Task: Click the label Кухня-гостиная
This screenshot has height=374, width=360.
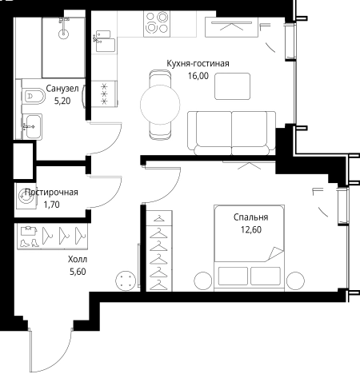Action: tap(198, 64)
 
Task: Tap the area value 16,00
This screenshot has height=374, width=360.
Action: tap(198, 76)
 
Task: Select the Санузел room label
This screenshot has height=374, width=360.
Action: tap(62, 89)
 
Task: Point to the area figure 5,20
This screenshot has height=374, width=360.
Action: tap(62, 101)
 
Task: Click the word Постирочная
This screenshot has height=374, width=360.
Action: tap(51, 192)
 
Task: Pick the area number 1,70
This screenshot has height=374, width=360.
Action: tap(51, 205)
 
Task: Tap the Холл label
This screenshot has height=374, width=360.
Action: tap(78, 259)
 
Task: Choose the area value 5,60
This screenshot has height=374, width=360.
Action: tap(78, 272)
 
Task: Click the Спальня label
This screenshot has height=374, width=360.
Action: tap(251, 217)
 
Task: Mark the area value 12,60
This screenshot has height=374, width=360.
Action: tap(251, 229)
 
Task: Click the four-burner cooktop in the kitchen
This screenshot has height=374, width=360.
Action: tap(157, 24)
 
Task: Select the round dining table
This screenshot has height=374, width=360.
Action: tap(160, 105)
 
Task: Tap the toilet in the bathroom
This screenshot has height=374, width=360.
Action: tap(33, 96)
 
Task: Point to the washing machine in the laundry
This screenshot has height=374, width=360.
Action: tap(26, 197)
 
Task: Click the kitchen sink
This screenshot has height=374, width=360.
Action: tap(104, 42)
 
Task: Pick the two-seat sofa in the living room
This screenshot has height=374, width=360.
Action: tap(231, 133)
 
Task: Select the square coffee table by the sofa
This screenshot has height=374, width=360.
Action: tap(232, 86)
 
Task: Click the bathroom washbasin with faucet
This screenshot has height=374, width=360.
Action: tap(32, 126)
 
